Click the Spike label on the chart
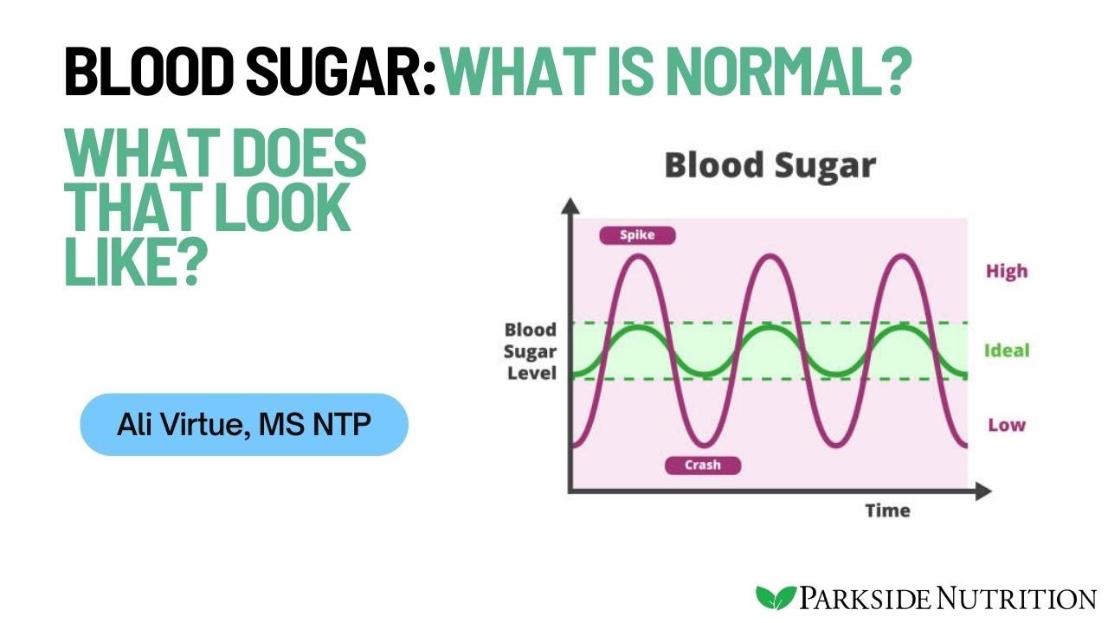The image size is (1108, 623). [636, 234]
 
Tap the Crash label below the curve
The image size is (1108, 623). [703, 466]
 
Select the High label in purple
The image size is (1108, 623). [1007, 271]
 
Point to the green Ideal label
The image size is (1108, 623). [1007, 350]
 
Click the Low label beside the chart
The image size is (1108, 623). [1007, 425]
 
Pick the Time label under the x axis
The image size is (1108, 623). [887, 511]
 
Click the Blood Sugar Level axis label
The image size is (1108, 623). [530, 351]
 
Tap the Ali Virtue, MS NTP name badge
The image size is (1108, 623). [244, 424]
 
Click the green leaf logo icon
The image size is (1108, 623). [776, 597]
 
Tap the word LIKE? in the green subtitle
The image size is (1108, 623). [133, 261]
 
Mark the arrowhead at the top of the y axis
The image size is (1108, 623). [570, 206]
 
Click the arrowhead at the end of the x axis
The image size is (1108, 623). [982, 492]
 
